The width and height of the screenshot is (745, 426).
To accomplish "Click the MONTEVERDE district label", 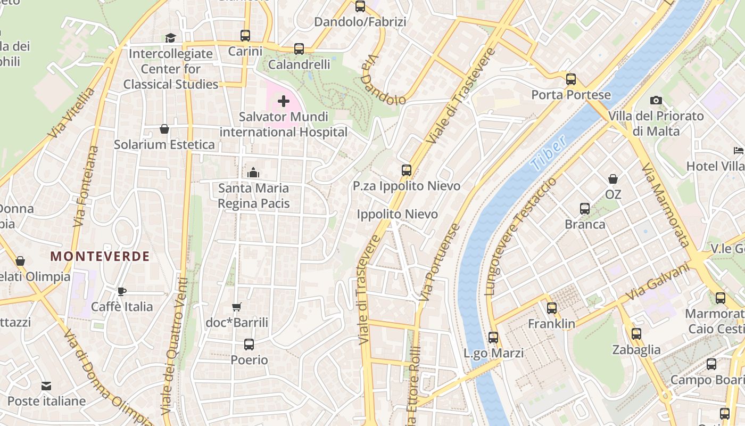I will tap(100, 256).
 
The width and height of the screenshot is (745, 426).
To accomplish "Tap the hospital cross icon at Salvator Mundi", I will tap(284, 101).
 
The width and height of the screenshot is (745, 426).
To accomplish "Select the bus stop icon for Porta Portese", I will tap(571, 79).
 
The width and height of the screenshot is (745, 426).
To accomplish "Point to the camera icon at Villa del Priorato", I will tap(656, 100).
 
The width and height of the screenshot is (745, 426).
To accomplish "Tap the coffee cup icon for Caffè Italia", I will tap(122, 291).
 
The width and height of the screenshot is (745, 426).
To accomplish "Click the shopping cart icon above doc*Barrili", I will tap(237, 307).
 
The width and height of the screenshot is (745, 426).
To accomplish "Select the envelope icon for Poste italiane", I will tap(46, 386).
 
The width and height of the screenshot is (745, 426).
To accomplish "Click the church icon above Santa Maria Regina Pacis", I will tap(253, 173).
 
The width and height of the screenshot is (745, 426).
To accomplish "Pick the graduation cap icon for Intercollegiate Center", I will tap(170, 38).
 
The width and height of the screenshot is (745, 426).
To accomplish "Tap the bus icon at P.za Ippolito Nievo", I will tap(407, 170).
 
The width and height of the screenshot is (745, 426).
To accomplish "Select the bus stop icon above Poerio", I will tap(249, 345).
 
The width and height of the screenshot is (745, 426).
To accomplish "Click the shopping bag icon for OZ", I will tap(613, 179).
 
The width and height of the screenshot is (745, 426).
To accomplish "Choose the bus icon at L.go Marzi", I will tap(493, 337).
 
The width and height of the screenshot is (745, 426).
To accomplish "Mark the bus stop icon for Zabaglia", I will tap(636, 334).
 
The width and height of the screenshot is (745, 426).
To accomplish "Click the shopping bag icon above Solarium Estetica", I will tap(164, 129).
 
